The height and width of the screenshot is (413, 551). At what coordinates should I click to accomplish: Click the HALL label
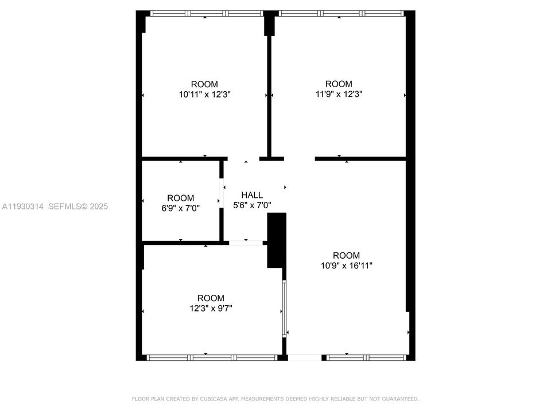pos(252,195)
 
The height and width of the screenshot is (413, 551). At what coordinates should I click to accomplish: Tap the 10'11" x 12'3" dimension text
pos(205,94)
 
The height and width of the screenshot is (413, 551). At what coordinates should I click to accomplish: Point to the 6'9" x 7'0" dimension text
pos(181,208)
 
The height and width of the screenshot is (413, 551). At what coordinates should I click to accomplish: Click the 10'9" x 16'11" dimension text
pos(347,266)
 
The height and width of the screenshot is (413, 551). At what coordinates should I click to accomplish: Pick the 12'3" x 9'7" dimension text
pos(211,308)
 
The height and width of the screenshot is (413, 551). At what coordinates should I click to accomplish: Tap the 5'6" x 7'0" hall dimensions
pos(252,205)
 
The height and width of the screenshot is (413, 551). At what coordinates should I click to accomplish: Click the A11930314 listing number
pos(23,206)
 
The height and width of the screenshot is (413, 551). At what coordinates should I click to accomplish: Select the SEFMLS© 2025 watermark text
pos(78,206)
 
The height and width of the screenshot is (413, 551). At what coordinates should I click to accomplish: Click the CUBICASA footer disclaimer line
pos(275,398)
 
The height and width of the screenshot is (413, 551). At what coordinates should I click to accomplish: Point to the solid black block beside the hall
pos(277,240)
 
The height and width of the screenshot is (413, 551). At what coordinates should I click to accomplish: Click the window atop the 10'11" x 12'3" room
pos(205,13)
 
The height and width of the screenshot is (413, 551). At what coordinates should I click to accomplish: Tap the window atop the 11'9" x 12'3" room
pos(339,13)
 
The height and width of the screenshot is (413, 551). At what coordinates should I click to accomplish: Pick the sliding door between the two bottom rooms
pos(284,309)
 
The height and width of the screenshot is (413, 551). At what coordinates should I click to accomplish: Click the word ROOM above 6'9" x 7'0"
pos(181,198)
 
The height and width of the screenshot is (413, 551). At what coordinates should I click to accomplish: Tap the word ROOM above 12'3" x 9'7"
pos(211,298)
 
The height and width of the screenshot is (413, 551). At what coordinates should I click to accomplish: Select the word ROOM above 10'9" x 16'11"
pos(347,255)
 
